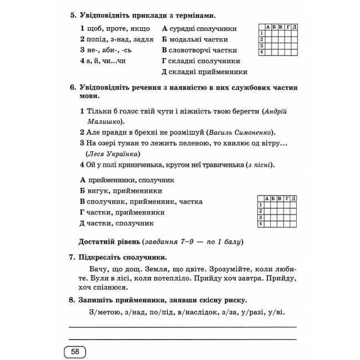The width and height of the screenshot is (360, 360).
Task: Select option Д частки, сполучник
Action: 116,223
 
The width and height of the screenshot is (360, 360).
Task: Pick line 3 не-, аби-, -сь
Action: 105,50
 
